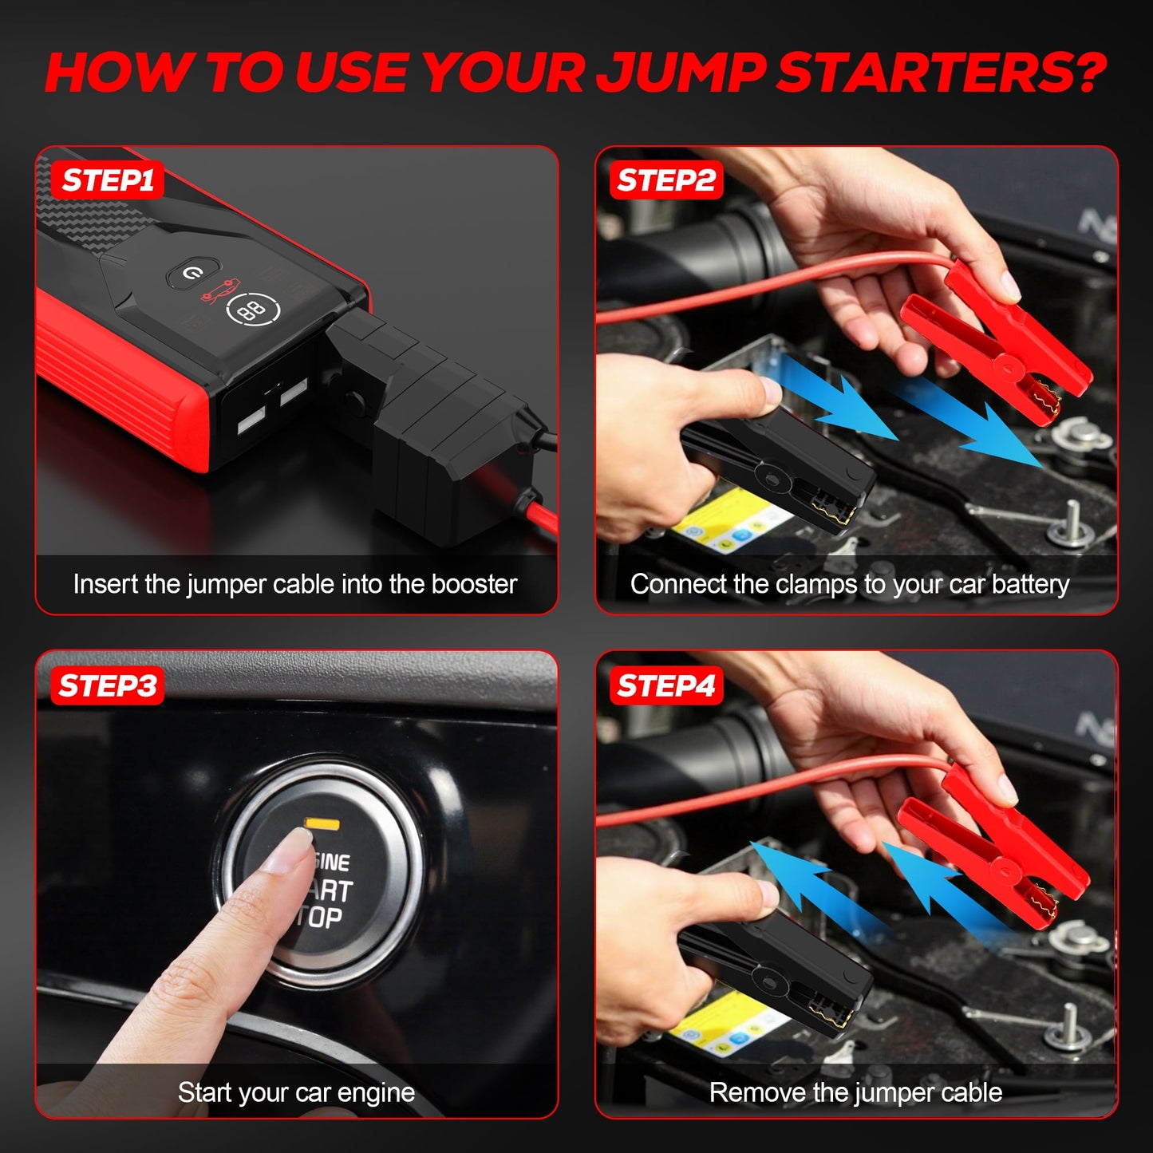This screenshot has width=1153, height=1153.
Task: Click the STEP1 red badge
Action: tap(108, 180)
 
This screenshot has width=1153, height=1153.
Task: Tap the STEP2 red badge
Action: tap(666, 180)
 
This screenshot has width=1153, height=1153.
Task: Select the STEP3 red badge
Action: tap(108, 685)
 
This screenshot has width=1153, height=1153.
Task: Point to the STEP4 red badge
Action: tap(666, 685)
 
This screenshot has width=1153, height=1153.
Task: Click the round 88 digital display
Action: tap(253, 310)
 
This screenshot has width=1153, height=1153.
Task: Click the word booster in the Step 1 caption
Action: tap(474, 584)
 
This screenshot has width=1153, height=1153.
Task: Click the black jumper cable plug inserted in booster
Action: tap(431, 415)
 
